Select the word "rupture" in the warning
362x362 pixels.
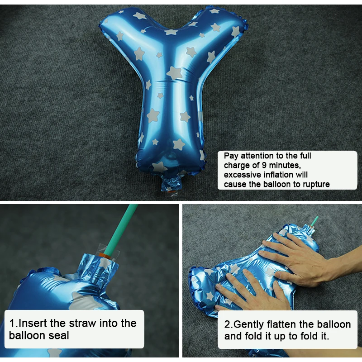pos(314,184)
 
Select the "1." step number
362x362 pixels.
pos(14,323)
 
